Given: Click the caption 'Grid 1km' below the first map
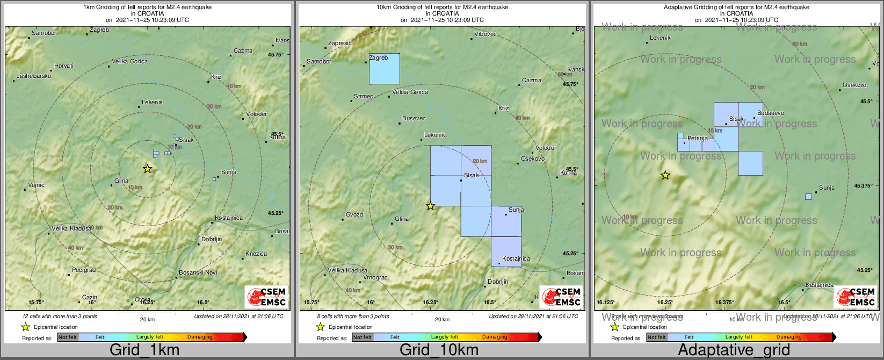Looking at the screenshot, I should coord(144,350).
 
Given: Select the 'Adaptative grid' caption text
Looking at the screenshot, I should coord(734,350).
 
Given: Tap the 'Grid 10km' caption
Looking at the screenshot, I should coord(439,350).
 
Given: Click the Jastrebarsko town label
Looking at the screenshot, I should coord(34,76).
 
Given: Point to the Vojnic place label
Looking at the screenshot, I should coord(37,185).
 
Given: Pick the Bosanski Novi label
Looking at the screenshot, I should coord(198,273).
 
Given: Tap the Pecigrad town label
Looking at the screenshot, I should coord(84,270).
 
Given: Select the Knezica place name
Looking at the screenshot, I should coord(256,254).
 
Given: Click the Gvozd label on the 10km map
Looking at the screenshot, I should coord(354,215).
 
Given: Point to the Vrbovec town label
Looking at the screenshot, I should coord(486,34).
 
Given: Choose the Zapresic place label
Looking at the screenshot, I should coord(340,44).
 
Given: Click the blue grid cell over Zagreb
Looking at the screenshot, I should coord(385,69).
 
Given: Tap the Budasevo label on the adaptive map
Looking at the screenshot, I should coord(771,113).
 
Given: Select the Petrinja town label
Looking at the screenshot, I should coord(698,139).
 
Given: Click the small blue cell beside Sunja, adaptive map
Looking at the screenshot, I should coord(808,197).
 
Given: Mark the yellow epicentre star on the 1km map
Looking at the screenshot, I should coord(148,169).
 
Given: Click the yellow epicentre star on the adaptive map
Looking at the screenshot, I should coord(665,175).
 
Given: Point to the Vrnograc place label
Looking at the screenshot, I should coord(375,278).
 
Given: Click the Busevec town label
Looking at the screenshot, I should coord(414,119).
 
